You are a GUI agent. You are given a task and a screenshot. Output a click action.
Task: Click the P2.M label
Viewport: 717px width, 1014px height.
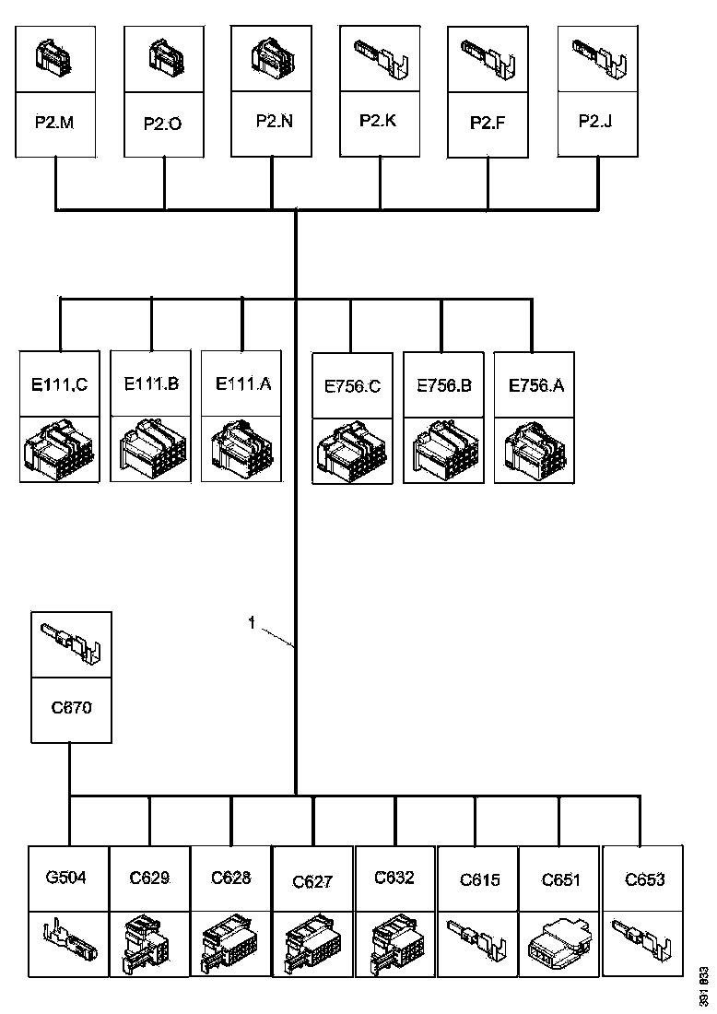[56, 122]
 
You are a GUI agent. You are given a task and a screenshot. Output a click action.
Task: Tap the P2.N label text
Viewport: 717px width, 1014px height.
[274, 120]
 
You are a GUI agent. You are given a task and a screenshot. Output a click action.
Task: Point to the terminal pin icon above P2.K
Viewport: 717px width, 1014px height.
[380, 59]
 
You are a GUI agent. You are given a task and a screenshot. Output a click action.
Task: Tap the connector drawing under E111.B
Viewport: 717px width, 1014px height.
[151, 449]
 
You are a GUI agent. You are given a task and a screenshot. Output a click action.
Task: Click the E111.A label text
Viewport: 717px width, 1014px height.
[242, 383]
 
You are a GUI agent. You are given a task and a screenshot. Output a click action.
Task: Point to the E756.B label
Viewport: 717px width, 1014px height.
[443, 385]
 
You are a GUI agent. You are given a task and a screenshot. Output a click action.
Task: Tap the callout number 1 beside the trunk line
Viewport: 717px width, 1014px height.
[251, 624]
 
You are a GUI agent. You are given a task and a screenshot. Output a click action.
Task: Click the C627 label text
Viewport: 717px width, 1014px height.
[312, 882]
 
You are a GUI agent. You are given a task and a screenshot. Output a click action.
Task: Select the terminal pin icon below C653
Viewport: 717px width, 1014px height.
[641, 940]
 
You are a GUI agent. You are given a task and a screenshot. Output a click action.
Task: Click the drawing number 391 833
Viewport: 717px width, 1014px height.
[704, 985]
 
